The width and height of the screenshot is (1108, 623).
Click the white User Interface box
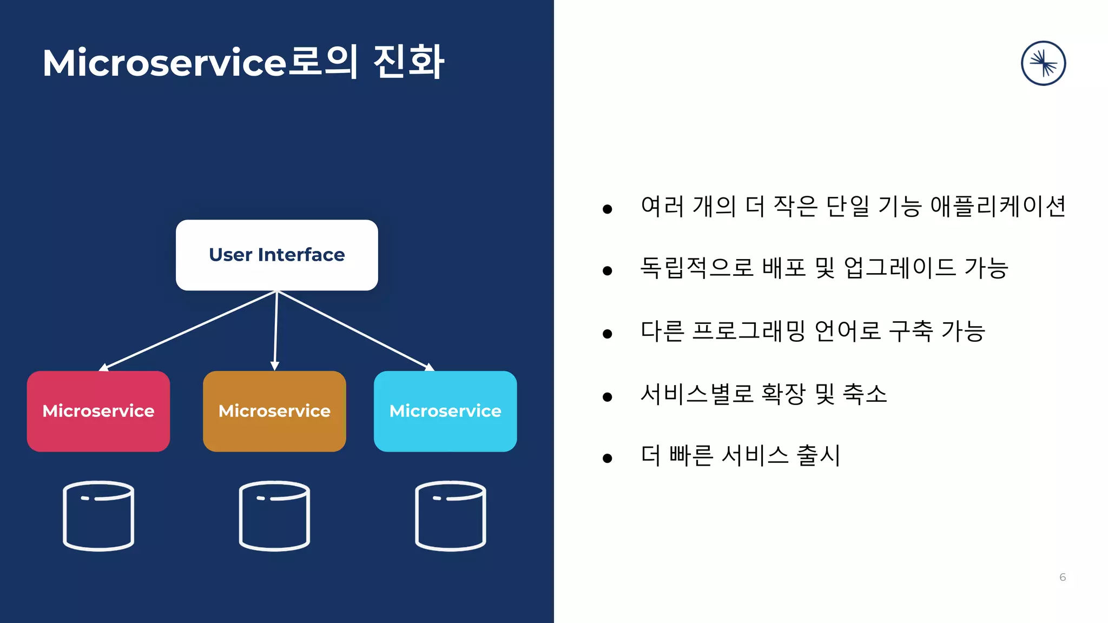[x=276, y=255]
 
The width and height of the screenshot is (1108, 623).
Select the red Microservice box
[x=98, y=411]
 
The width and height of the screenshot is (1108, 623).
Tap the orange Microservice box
[x=274, y=411]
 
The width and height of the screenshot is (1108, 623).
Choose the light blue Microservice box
[x=445, y=411]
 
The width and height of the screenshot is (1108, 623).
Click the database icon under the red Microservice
[x=98, y=516]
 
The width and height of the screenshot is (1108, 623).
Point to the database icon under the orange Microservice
[x=274, y=516]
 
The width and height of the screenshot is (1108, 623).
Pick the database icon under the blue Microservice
[x=450, y=516]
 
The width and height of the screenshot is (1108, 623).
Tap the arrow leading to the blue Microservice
[x=354, y=331]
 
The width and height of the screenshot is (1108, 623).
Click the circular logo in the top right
[x=1043, y=63]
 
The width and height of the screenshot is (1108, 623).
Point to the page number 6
[x=1063, y=577]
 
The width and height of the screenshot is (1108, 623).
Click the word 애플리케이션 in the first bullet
[x=998, y=206]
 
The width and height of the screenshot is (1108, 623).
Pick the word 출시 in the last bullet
[x=818, y=455]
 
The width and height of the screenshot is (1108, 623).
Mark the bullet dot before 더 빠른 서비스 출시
[x=607, y=459]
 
